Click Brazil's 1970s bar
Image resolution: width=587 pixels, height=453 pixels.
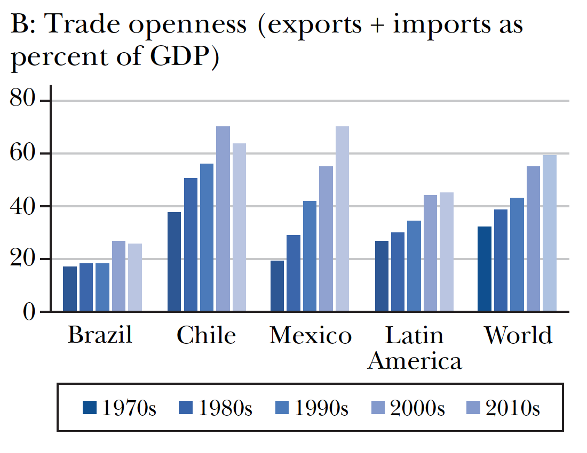coord(70,289)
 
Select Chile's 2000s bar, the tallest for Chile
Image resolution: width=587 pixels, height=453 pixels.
coord(223,219)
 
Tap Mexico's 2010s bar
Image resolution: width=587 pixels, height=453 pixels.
coord(342,219)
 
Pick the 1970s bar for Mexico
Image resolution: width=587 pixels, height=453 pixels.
coord(277,286)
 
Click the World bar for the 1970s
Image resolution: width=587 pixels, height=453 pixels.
coord(484,269)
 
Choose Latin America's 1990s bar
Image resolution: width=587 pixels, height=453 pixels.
coord(414,266)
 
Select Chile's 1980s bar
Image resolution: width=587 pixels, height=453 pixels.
coord(191,245)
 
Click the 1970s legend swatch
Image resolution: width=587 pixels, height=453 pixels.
coord(90,408)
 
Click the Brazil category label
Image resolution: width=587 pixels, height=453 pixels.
coord(100,336)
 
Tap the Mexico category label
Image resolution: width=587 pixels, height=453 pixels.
coord(311,336)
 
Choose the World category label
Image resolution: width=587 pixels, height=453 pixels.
coord(518,336)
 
